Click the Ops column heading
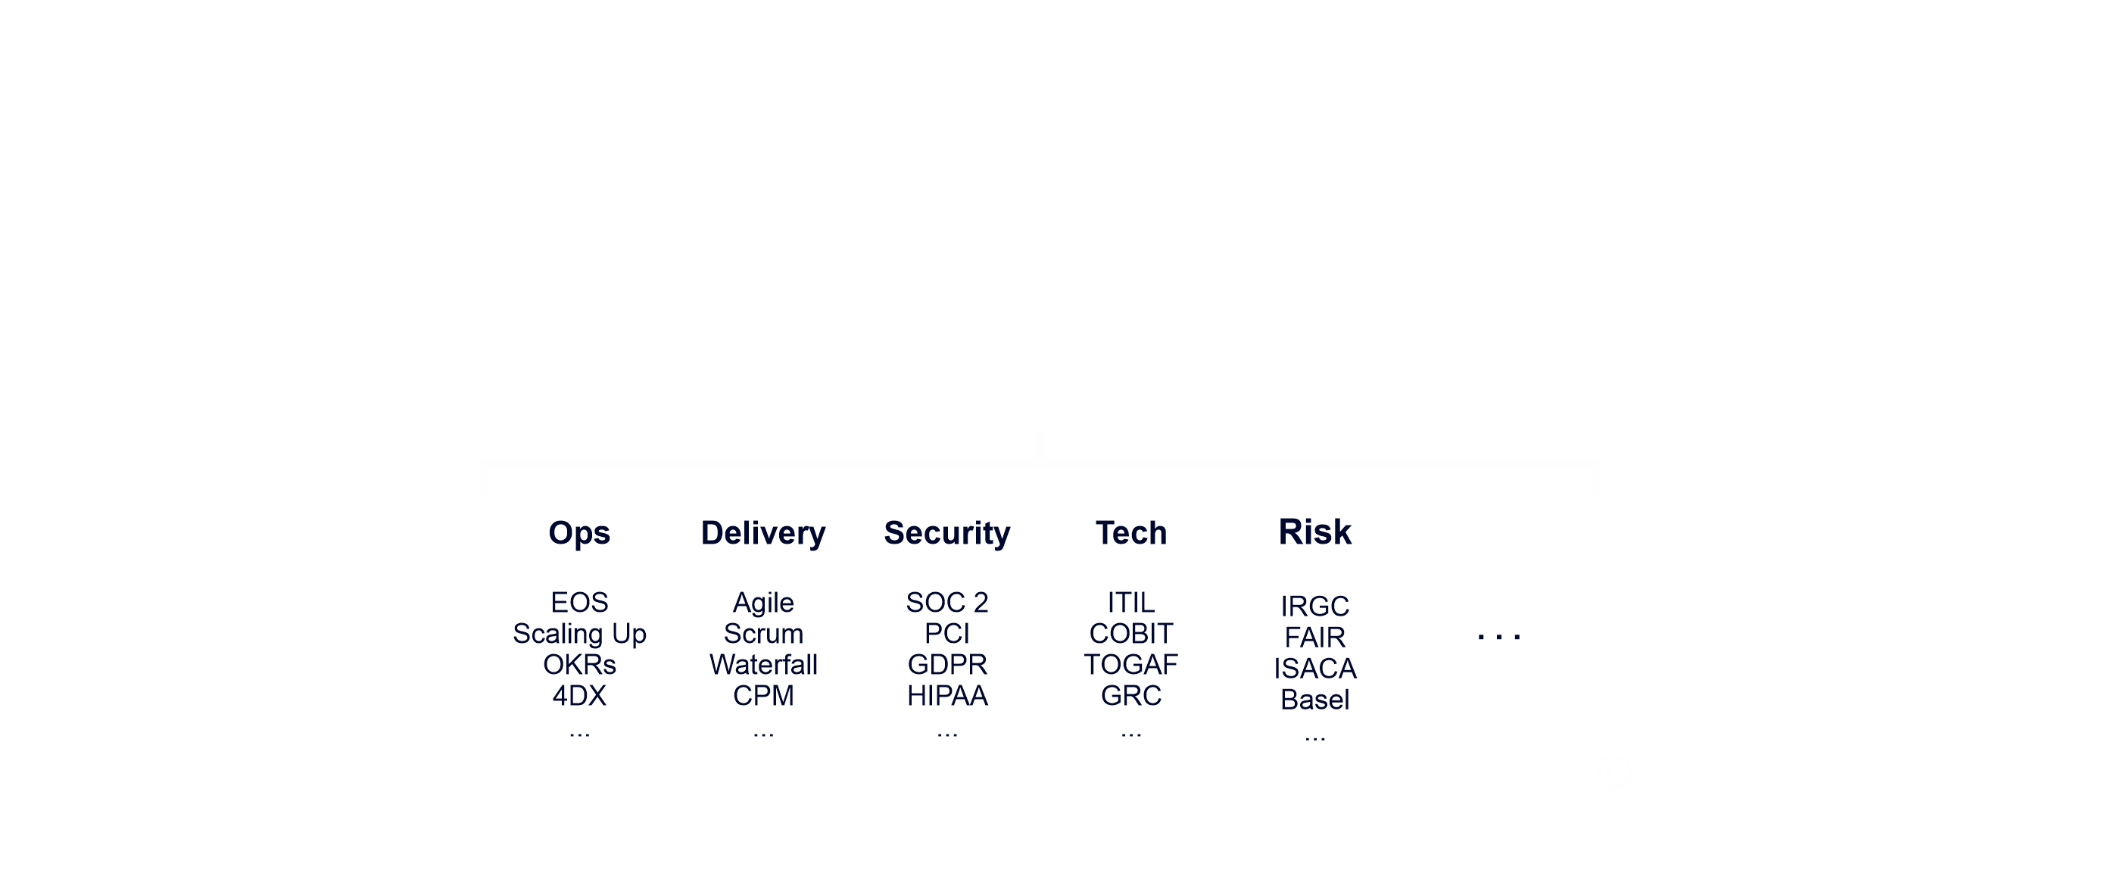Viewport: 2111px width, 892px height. tap(578, 533)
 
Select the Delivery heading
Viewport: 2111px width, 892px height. tap(763, 533)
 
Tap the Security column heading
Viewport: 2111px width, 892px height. tap(946, 533)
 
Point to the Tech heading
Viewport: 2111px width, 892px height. tap(1131, 533)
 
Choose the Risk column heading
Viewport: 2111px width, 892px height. tap(1314, 532)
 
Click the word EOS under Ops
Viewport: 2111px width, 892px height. tap(578, 603)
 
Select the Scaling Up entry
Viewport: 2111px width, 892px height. tap(578, 634)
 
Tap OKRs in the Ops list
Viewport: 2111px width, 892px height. tap(578, 665)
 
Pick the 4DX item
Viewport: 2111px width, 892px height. tap(578, 696)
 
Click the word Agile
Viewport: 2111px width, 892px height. tap(763, 603)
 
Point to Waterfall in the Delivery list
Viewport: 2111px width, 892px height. tap(763, 665)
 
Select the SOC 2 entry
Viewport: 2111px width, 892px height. tap(946, 603)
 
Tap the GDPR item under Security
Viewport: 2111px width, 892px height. tap(946, 665)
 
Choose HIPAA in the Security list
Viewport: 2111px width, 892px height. tap(946, 696)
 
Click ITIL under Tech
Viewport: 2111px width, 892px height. tap(1131, 603)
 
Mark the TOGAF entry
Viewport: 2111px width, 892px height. tap(1131, 665)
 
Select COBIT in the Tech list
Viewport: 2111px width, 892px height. tap(1131, 634)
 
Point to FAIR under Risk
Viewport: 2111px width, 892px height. tap(1314, 638)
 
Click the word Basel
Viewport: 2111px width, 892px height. tap(1314, 700)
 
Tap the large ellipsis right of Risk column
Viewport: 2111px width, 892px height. tap(1499, 636)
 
